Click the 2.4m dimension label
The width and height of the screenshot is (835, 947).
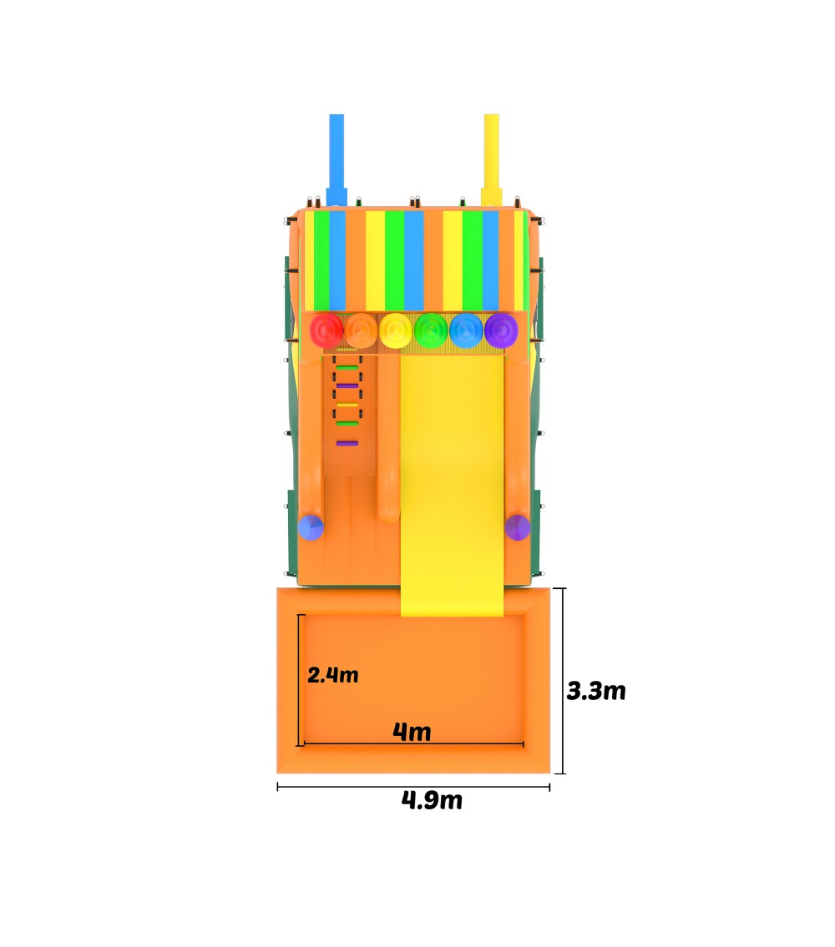click(x=332, y=675)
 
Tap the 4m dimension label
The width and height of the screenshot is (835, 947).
click(x=412, y=732)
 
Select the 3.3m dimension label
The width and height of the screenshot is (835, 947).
click(x=596, y=690)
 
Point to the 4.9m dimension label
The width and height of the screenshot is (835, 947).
click(x=432, y=800)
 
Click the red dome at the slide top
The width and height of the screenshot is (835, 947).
click(x=326, y=330)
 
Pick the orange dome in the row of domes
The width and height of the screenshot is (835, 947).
click(x=361, y=330)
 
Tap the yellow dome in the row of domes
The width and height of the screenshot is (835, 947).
click(x=396, y=330)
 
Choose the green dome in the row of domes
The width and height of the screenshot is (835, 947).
click(x=431, y=330)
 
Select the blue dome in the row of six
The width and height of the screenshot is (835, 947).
click(x=466, y=330)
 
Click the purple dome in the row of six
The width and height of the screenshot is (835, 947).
click(x=501, y=330)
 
